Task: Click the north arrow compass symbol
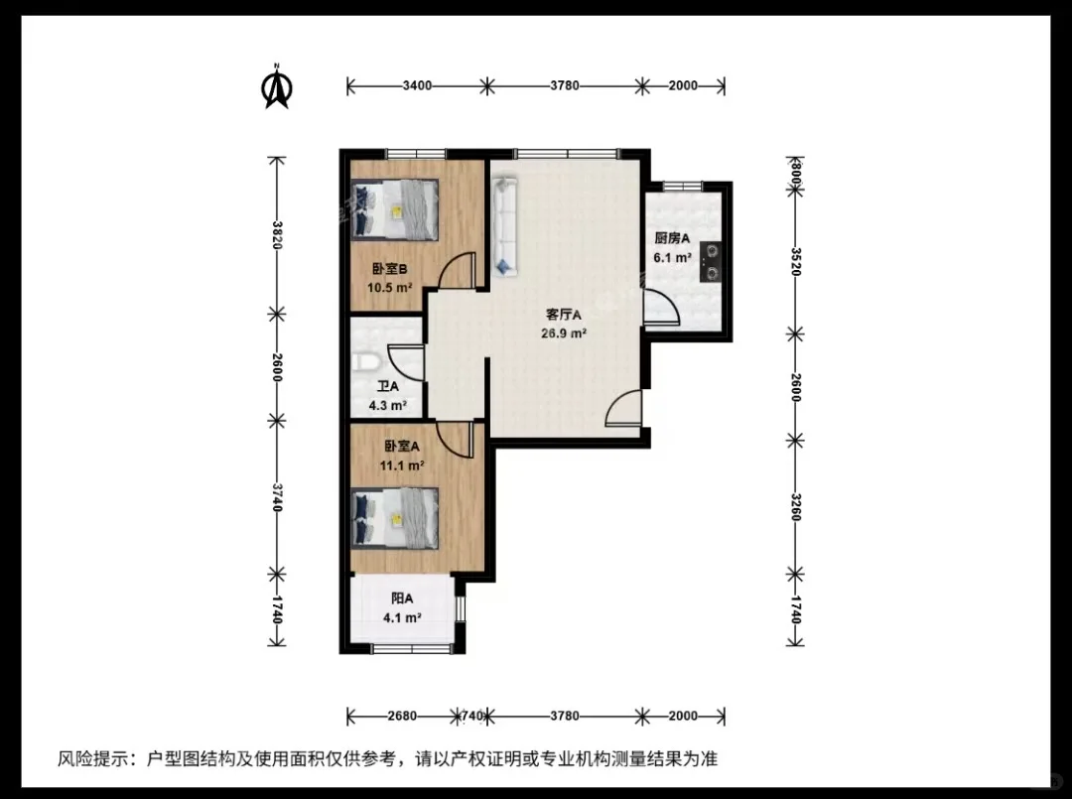[277, 86]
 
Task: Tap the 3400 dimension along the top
[417, 85]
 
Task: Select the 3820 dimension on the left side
[277, 234]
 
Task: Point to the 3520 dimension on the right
[795, 261]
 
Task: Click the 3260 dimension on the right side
[795, 507]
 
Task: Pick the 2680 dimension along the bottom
[402, 716]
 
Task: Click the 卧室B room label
[390, 269]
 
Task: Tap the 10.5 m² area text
[390, 287]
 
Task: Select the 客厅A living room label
[564, 315]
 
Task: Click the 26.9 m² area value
[564, 333]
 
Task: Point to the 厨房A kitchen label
[672, 238]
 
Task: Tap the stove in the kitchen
[711, 262]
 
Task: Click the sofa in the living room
[504, 227]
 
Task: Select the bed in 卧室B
[395, 209]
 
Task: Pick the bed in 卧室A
[395, 518]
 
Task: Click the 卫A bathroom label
[388, 387]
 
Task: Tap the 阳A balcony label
[402, 599]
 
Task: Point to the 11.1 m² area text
[402, 466]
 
